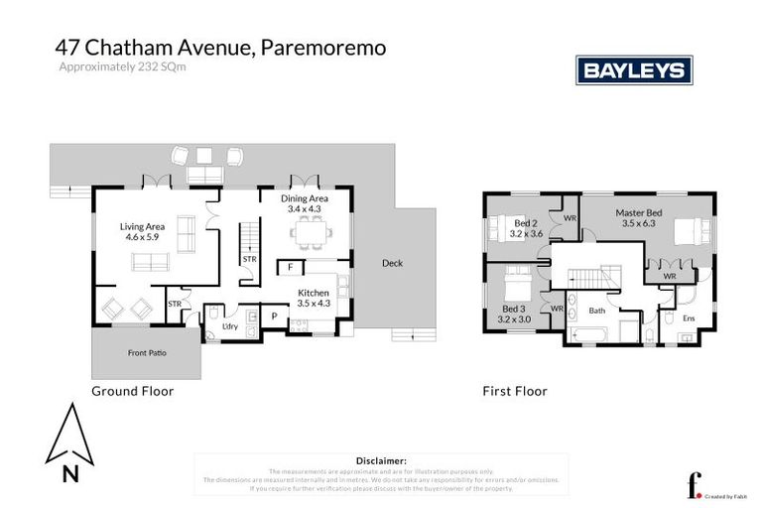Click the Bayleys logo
(634, 70)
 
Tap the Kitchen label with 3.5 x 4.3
(315, 298)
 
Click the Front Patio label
(145, 353)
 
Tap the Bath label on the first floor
(596, 311)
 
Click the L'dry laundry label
(229, 325)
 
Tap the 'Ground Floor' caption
(132, 391)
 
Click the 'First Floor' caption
(514, 391)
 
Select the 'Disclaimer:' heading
(381, 461)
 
